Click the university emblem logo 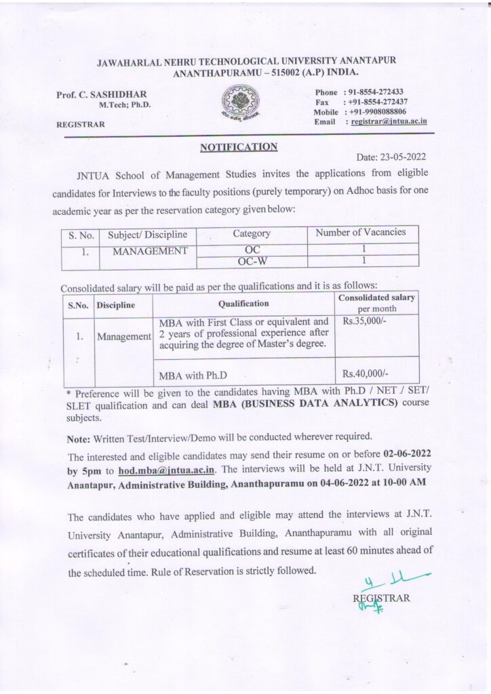[x=244, y=104]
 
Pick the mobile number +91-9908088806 [x=377, y=112]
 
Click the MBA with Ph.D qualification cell [x=193, y=374]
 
